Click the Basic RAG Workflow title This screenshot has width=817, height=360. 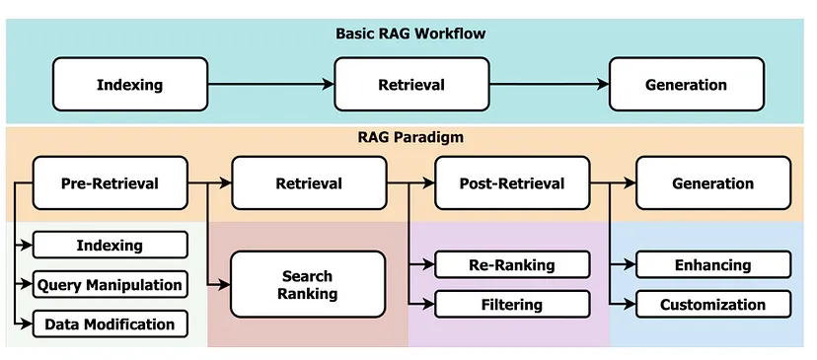[x=408, y=35]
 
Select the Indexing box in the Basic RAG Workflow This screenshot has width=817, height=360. [x=130, y=84]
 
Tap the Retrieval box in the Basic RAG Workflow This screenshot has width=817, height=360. [x=411, y=84]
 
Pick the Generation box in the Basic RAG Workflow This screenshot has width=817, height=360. [x=686, y=84]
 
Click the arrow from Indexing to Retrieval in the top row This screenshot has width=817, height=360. [x=271, y=84]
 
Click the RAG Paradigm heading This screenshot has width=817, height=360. [x=408, y=137]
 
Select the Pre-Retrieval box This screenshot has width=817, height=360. [x=110, y=182]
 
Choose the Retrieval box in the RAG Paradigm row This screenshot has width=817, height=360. [x=309, y=182]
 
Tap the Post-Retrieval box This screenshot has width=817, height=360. [x=512, y=182]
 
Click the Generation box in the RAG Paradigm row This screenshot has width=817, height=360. [x=712, y=182]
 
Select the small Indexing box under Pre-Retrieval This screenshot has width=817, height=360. [x=110, y=245]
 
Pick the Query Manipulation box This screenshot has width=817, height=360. [x=110, y=285]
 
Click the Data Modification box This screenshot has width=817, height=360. [x=110, y=324]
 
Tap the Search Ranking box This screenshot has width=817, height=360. [x=309, y=284]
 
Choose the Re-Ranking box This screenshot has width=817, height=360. [x=512, y=264]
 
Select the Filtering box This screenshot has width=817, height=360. [x=512, y=304]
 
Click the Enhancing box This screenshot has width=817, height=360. [x=712, y=264]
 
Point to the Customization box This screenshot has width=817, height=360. [x=712, y=304]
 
